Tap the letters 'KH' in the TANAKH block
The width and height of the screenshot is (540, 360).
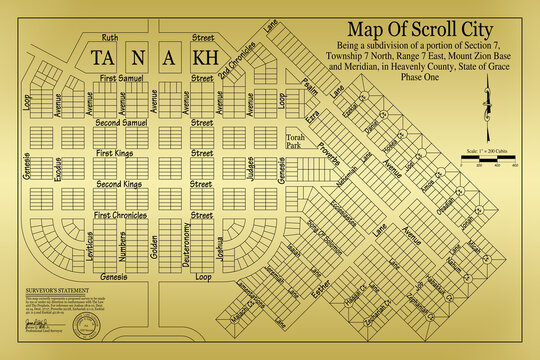pyautogui.click(x=204, y=58)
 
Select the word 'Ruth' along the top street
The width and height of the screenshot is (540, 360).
pyautogui.click(x=109, y=36)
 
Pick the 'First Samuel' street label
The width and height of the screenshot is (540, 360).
pyautogui.click(x=117, y=77)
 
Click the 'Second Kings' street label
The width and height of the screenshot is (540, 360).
pyautogui.click(x=118, y=185)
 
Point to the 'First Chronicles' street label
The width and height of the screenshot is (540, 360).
pyautogui.click(x=120, y=215)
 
